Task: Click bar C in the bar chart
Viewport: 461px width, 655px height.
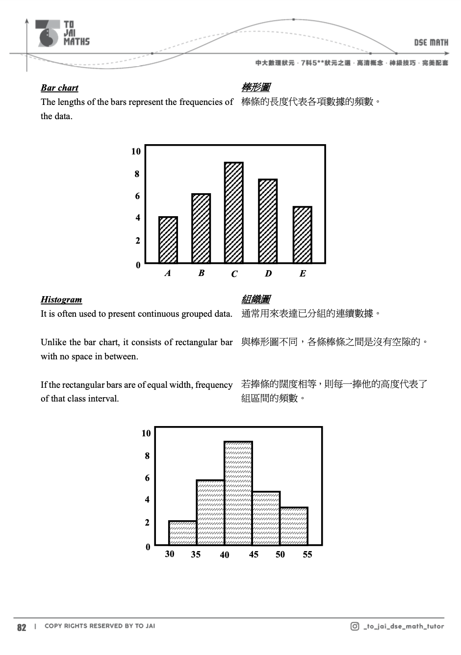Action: pyautogui.click(x=234, y=213)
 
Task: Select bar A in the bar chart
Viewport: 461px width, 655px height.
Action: pyautogui.click(x=168, y=240)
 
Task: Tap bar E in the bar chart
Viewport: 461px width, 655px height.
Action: pyautogui.click(x=302, y=235)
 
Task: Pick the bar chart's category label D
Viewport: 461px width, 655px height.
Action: pyautogui.click(x=268, y=274)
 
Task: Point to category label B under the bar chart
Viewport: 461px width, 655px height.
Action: pyautogui.click(x=201, y=273)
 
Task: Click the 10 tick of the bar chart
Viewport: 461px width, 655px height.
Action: pyautogui.click(x=136, y=151)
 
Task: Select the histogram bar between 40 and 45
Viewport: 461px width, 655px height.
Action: pyautogui.click(x=238, y=493)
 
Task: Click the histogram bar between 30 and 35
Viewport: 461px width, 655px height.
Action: pyautogui.click(x=182, y=533)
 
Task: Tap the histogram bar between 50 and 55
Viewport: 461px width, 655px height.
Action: pyautogui.click(x=294, y=526)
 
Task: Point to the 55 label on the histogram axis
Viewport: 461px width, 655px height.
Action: pyautogui.click(x=307, y=554)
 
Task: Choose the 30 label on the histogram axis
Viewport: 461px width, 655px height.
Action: pyautogui.click(x=170, y=554)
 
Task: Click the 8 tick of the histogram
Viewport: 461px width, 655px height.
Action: pyautogui.click(x=147, y=456)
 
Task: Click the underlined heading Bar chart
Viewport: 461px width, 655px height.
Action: pyautogui.click(x=59, y=88)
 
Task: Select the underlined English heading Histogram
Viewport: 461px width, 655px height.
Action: pyautogui.click(x=61, y=300)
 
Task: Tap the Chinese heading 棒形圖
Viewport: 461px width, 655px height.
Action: pyautogui.click(x=256, y=88)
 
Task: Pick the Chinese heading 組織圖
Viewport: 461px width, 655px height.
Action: pyautogui.click(x=256, y=300)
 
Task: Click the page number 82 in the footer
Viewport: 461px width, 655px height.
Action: pyautogui.click(x=22, y=628)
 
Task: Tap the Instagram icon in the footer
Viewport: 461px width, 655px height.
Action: pyautogui.click(x=355, y=626)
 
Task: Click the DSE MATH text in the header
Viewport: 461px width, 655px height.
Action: pyautogui.click(x=431, y=43)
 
